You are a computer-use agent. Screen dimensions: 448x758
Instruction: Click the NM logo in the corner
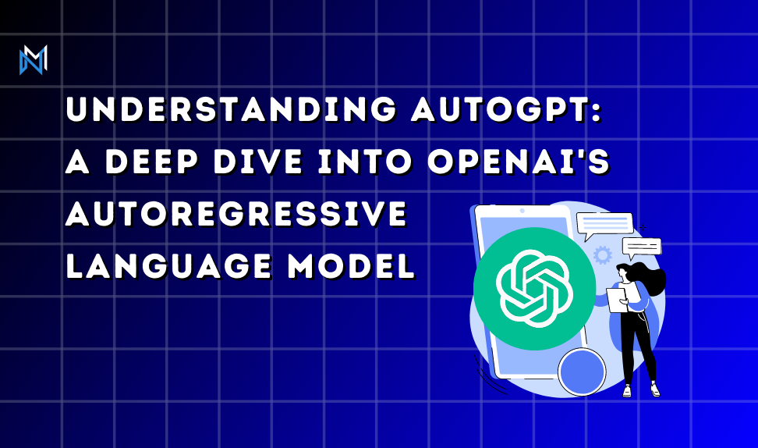34,60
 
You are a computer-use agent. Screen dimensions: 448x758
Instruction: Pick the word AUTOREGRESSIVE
236,215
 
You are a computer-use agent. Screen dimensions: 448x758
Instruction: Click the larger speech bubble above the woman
604,226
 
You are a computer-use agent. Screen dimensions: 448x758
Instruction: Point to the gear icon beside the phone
602,255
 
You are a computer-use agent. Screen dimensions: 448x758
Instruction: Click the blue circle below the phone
582,371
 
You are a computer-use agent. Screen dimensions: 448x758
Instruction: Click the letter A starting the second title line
77,164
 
